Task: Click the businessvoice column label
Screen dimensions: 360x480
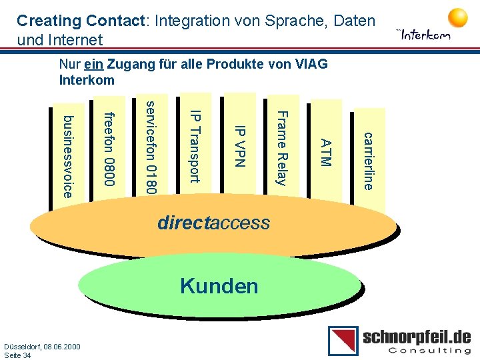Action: coord(67,157)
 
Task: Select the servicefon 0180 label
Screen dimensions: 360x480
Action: coord(152,147)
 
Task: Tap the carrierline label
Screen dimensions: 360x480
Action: coord(367,161)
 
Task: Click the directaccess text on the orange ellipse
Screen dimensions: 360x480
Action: coord(214,223)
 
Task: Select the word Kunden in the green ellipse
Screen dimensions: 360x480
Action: coord(219,286)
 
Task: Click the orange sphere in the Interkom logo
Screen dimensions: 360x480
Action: coord(457,17)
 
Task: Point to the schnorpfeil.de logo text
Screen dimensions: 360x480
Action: coord(417,336)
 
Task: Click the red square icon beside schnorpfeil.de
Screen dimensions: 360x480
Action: coord(343,341)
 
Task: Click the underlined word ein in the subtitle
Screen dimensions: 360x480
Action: coord(94,65)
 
